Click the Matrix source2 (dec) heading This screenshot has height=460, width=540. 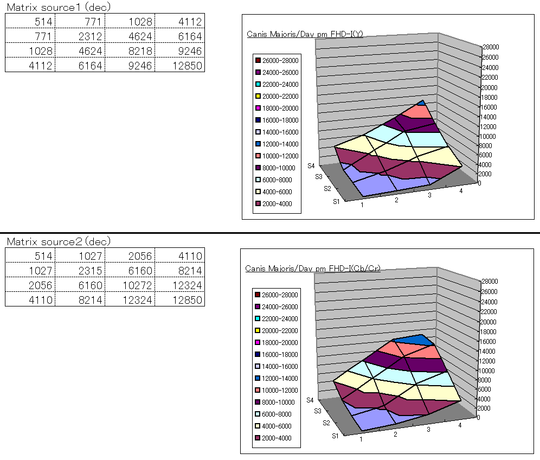(59, 241)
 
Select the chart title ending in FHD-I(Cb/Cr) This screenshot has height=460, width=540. (313, 268)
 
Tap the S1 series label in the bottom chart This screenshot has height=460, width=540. (337, 435)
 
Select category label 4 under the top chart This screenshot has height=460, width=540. (461, 191)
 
